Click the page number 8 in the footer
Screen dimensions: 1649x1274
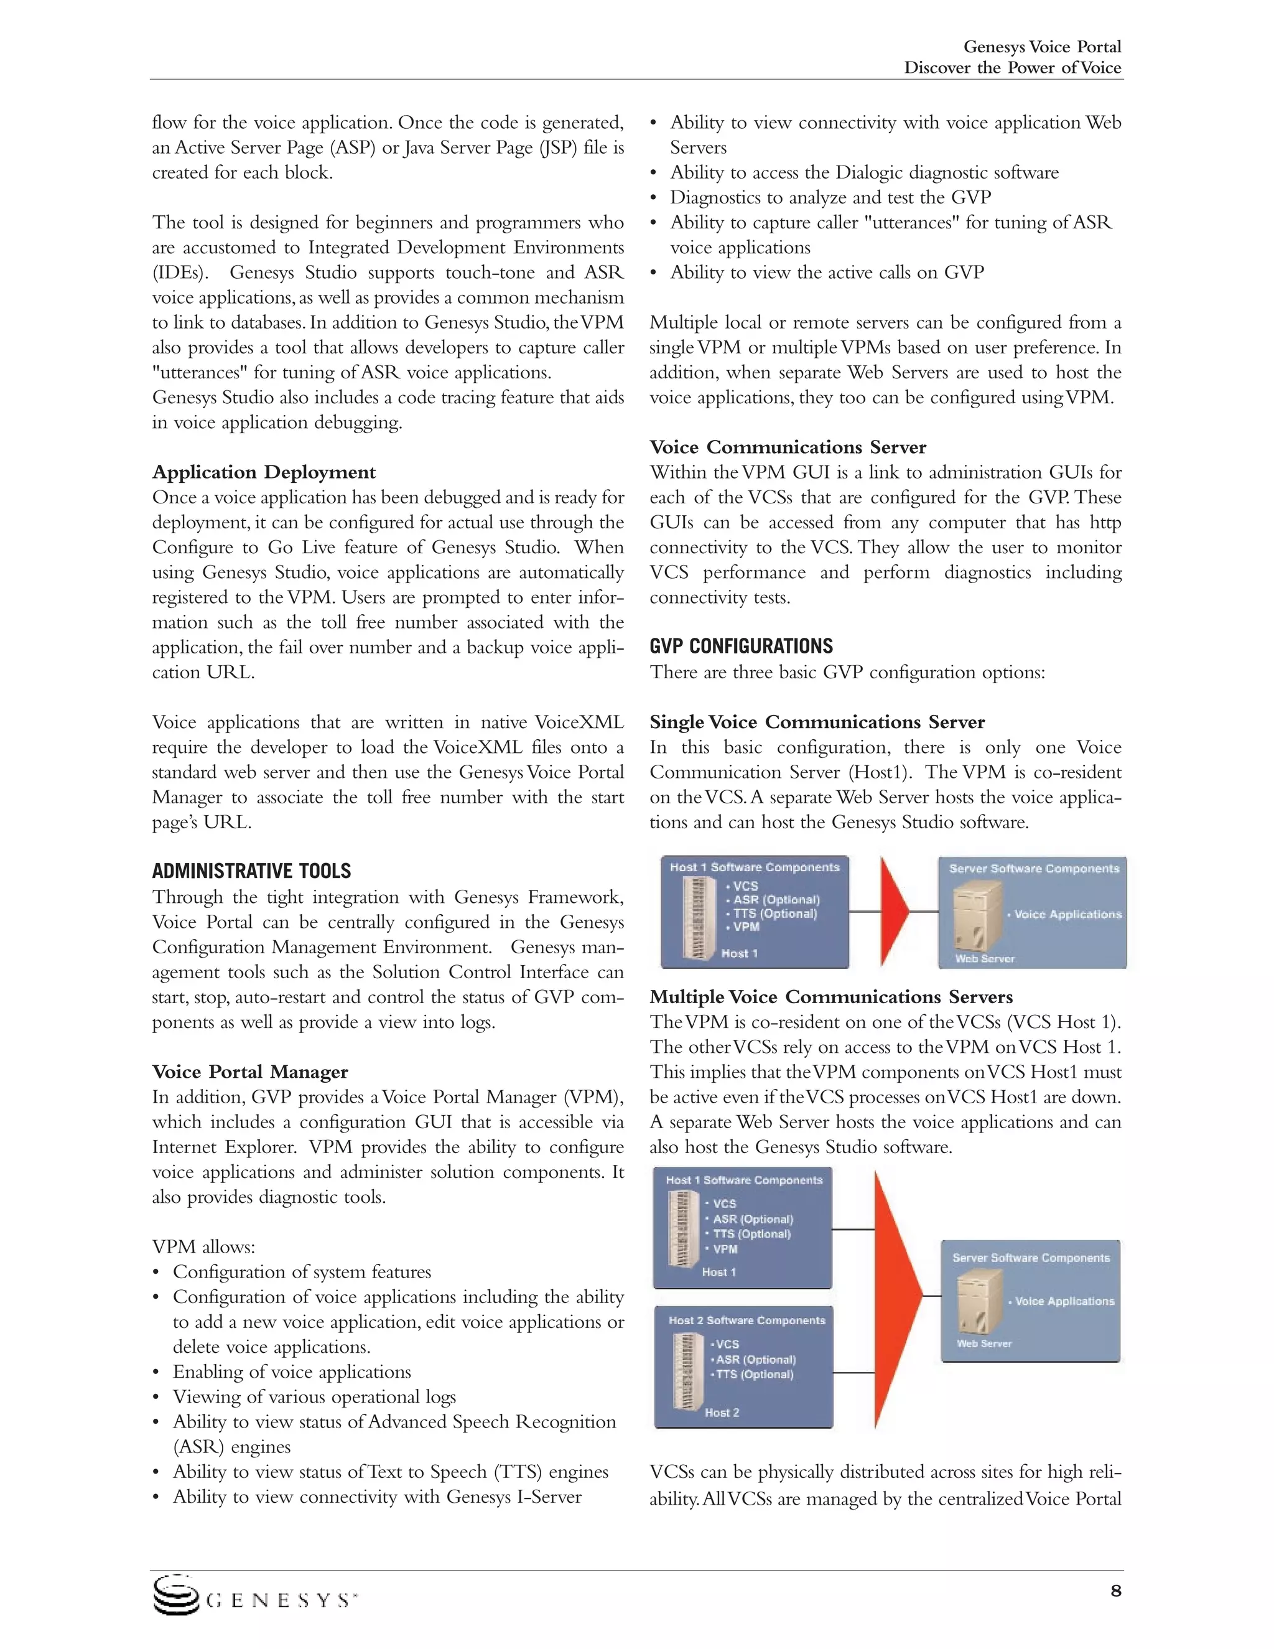1115,1592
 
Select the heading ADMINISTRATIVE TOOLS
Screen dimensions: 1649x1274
251,871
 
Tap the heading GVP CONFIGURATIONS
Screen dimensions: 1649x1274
740,647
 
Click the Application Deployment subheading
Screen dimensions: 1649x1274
263,473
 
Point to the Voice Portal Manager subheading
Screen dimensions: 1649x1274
250,1072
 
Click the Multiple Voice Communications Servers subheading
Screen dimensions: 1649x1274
831,997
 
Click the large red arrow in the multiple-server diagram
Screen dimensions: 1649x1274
896,1296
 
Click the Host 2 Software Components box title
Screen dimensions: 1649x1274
746,1320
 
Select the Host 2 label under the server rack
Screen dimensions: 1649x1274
722,1413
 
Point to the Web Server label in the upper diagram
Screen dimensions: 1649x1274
984,959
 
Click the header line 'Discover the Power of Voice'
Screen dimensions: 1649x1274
1012,68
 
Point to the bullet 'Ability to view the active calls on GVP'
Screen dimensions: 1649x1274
827,273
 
